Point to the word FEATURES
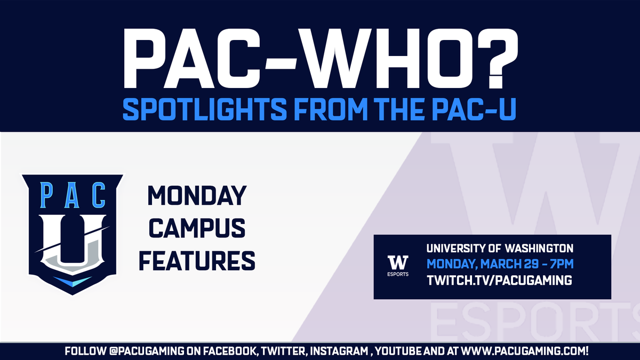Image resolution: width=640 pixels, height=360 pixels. click(x=202, y=261)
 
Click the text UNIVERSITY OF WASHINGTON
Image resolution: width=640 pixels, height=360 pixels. click(x=499, y=249)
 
